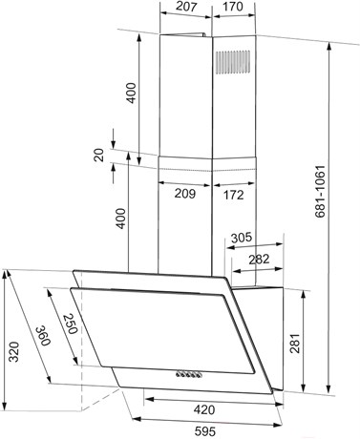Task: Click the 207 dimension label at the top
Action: point(186,7)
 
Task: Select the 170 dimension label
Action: point(233,7)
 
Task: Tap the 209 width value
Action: point(185,194)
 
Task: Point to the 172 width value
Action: point(233,195)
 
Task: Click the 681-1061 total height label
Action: point(320,191)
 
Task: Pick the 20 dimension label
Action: point(99,155)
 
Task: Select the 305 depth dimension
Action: point(242,238)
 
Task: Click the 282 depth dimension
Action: point(259,260)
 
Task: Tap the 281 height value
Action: point(295,343)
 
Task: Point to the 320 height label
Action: point(14,352)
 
